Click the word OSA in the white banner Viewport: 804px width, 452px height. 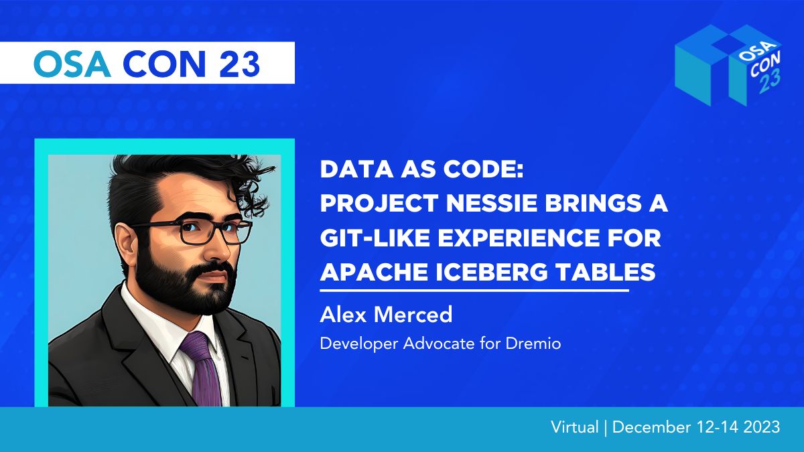(72, 64)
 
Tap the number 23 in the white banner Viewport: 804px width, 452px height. (239, 64)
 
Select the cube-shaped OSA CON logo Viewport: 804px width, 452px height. (729, 66)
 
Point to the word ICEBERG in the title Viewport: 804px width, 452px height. (492, 272)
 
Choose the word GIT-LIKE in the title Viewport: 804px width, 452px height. (375, 238)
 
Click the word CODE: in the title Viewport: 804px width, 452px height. (484, 169)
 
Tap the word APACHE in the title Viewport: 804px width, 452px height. (374, 272)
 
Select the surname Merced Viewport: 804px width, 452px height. (413, 315)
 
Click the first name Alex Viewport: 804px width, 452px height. (343, 315)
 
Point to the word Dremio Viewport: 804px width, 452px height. (533, 344)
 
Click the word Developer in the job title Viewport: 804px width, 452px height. (359, 344)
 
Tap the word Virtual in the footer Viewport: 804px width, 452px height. (575, 427)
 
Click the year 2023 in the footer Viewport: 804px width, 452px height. (762, 427)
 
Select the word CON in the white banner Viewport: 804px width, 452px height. (164, 64)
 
